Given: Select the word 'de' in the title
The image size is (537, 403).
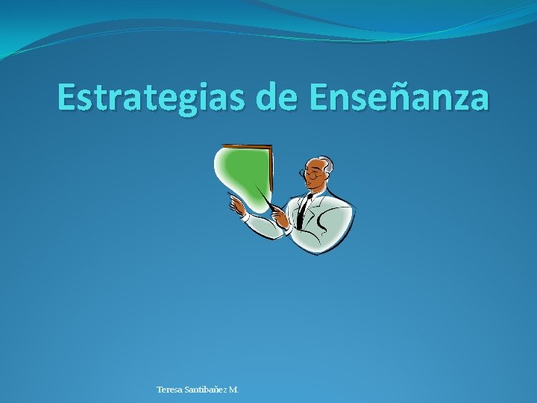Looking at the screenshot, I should (x=277, y=97).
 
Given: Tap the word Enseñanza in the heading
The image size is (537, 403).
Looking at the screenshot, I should (x=399, y=97).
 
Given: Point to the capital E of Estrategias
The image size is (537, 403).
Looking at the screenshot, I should (x=67, y=97).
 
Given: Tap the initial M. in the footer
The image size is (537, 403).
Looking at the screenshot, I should (x=234, y=390).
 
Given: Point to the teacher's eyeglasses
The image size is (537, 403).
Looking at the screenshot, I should (x=309, y=174).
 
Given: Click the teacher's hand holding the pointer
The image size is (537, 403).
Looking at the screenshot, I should (x=280, y=217).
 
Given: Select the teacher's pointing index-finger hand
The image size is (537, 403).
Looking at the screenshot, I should (x=236, y=204).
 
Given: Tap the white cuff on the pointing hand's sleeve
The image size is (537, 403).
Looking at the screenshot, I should (x=247, y=219).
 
